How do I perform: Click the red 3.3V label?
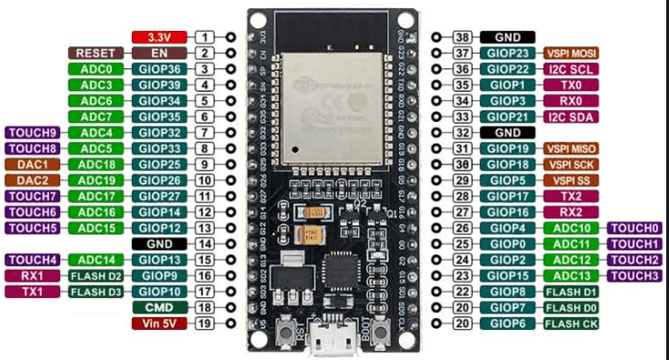tap(159, 37)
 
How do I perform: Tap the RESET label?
tap(95, 54)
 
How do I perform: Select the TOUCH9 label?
tap(33, 133)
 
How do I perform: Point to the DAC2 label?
tap(33, 180)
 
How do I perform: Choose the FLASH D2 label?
tap(95, 275)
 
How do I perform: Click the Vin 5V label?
tap(159, 323)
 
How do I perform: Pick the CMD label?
tap(159, 307)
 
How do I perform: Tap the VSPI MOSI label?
tap(572, 54)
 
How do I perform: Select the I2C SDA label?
tap(572, 116)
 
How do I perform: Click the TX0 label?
tap(572, 85)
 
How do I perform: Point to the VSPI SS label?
tap(572, 180)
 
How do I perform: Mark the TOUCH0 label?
tap(634, 228)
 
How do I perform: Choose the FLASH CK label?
tap(572, 323)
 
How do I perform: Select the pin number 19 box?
tap(205, 323)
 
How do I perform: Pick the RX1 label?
tap(33, 275)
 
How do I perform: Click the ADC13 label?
tap(572, 275)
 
